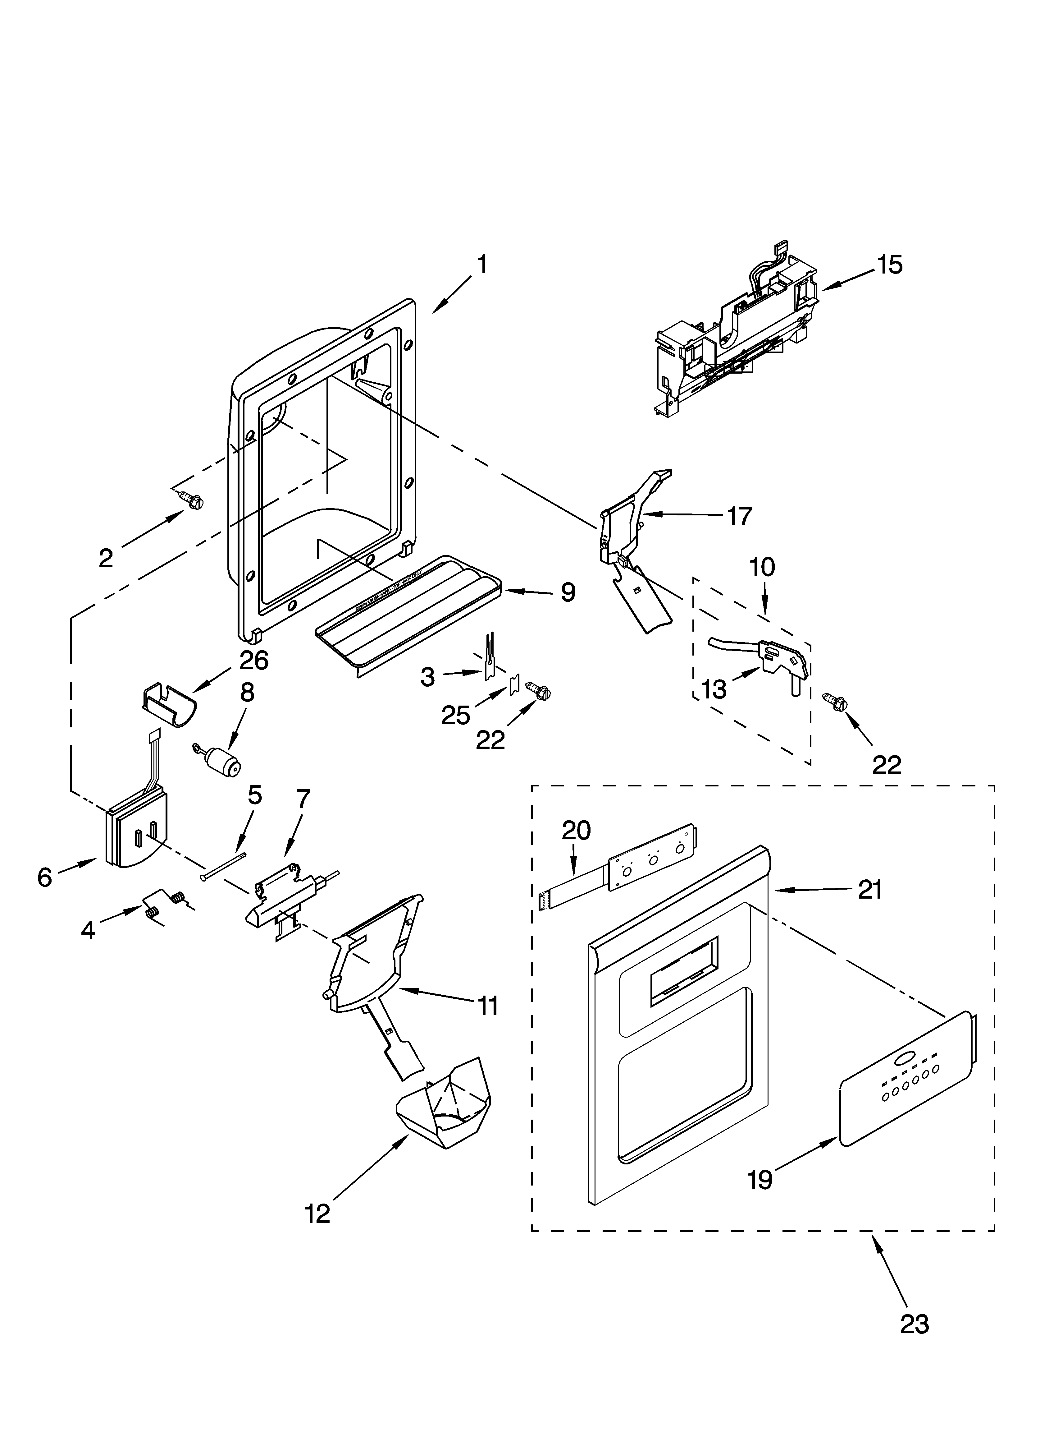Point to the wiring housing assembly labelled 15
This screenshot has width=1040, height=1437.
[x=735, y=329]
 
